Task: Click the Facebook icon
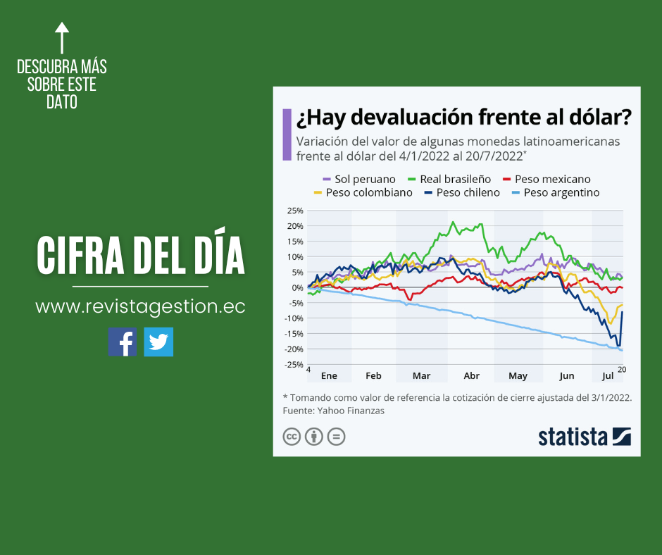click(x=123, y=342)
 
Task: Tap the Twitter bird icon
click(x=158, y=342)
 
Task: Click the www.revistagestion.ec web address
click(x=140, y=306)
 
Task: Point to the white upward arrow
click(x=62, y=37)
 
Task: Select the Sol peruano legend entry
click(x=359, y=179)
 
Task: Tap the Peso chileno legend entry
click(x=462, y=192)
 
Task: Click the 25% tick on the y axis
click(x=295, y=211)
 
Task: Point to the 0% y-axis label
click(x=297, y=287)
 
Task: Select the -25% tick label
click(x=294, y=364)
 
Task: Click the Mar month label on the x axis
click(x=421, y=375)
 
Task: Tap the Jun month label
click(x=567, y=375)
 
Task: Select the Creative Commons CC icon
click(x=292, y=437)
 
